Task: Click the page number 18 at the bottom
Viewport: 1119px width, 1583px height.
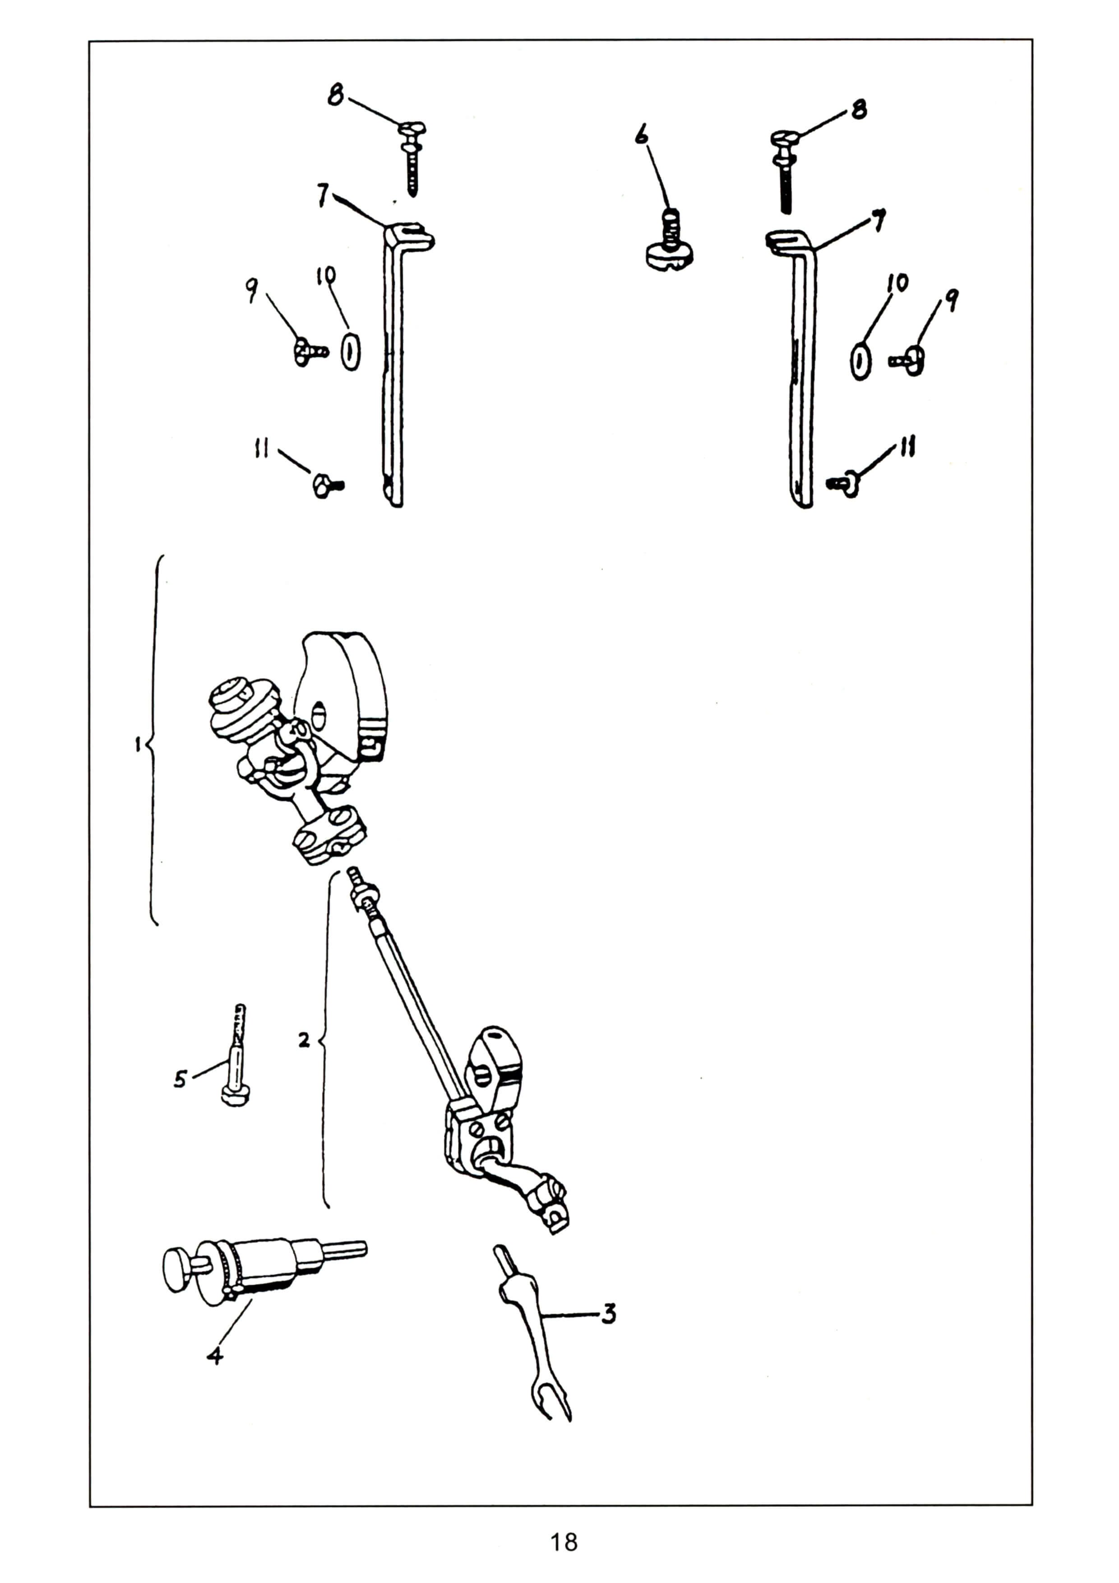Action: (563, 1541)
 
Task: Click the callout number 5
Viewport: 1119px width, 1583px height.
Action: (180, 1078)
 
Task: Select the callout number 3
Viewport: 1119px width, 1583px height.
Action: (608, 1314)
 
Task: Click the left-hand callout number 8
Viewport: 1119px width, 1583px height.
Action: (336, 95)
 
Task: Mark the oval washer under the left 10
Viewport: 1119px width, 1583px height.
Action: (351, 351)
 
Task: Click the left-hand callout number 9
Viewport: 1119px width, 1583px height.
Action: (252, 292)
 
